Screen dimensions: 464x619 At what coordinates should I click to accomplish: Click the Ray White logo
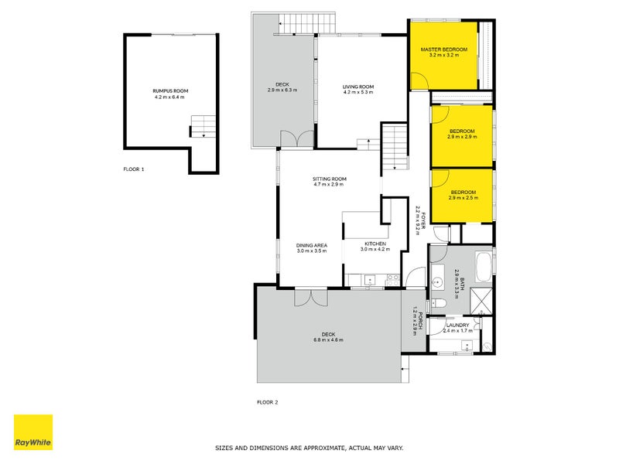click(x=33, y=432)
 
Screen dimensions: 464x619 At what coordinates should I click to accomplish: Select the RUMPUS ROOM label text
click(x=170, y=91)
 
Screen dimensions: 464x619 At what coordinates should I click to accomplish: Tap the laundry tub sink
click(x=467, y=346)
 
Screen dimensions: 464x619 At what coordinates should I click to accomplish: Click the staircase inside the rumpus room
click(x=203, y=126)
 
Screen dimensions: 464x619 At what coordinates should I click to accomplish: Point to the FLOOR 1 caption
click(x=134, y=169)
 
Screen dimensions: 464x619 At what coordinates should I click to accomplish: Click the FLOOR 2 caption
click(x=267, y=402)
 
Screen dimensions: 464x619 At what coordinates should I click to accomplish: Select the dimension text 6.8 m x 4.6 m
click(x=328, y=340)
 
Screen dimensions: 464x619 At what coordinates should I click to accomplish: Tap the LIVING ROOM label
click(x=358, y=87)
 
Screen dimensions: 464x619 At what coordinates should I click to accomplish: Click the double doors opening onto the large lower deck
click(x=310, y=298)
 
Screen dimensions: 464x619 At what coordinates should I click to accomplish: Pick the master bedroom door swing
click(x=421, y=80)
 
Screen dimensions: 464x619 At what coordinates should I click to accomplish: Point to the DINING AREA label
click(x=312, y=245)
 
